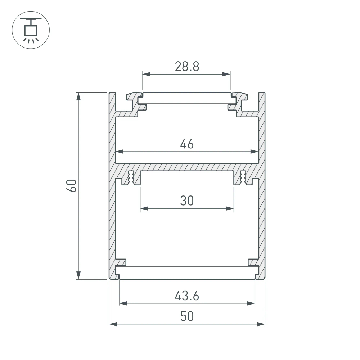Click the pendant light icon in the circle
(31, 30)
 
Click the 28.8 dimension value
(187, 66)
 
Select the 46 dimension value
(187, 144)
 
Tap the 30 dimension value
(187, 201)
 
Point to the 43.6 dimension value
(187, 296)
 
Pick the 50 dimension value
(187, 316)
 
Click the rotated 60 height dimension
(72, 185)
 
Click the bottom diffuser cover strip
(187, 273)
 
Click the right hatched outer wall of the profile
(262, 198)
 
